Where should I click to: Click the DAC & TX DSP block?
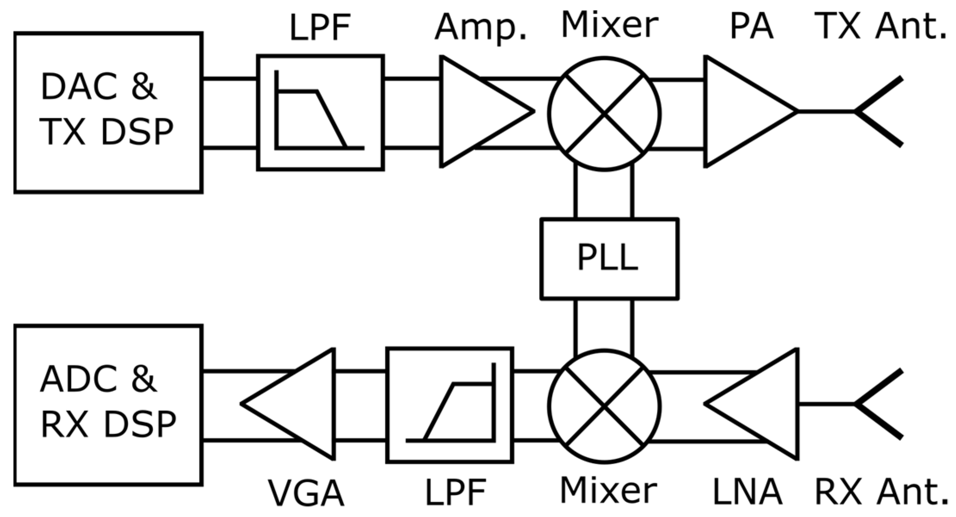(x=108, y=112)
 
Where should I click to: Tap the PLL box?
(x=609, y=258)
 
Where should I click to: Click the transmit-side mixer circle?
(x=604, y=114)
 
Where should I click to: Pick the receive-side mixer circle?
(x=604, y=406)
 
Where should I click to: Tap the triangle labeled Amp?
(x=473, y=111)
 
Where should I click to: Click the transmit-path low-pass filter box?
(x=320, y=113)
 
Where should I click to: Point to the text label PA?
(x=751, y=27)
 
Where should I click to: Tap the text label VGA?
(x=306, y=493)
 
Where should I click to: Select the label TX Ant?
(x=880, y=26)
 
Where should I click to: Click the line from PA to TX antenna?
(x=826, y=111)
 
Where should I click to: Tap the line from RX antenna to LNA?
(x=826, y=404)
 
